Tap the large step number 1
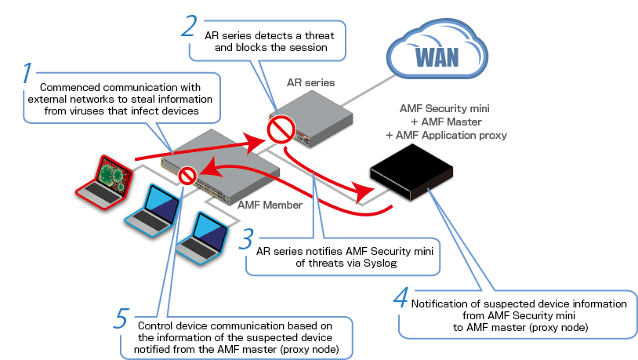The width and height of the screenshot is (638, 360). click(27, 75)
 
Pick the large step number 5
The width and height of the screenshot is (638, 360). click(121, 319)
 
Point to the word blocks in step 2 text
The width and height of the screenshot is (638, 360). click(265, 48)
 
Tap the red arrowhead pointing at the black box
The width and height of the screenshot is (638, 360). click(361, 190)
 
